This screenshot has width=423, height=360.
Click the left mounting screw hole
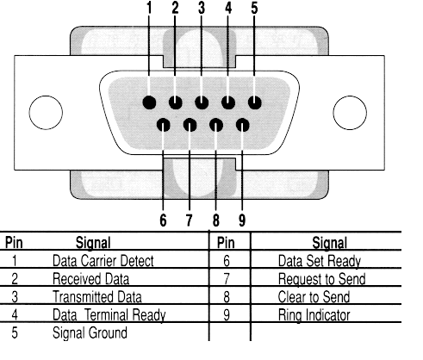[46, 113]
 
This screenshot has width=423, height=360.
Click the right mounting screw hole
[350, 113]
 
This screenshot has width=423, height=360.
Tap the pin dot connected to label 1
[149, 102]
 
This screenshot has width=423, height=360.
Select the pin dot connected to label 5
[255, 102]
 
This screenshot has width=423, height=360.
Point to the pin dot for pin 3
[202, 102]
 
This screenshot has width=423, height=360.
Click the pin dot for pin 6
[164, 125]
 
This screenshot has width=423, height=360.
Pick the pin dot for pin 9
[243, 125]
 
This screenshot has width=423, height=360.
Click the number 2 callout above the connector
[175, 8]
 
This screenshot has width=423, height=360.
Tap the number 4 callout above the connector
[228, 8]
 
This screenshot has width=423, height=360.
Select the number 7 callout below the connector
[189, 220]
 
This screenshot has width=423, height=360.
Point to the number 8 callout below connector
[216, 220]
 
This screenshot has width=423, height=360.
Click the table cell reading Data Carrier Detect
[103, 261]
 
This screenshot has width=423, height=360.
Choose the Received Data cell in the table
[90, 279]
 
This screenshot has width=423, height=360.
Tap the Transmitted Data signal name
[97, 297]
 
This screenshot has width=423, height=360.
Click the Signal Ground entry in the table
[90, 333]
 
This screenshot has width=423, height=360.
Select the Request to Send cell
[321, 279]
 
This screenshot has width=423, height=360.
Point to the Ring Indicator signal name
[314, 315]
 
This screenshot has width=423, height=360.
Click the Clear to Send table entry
[314, 297]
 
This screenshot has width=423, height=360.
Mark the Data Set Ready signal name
[320, 261]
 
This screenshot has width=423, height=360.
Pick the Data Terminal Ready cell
[109, 315]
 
